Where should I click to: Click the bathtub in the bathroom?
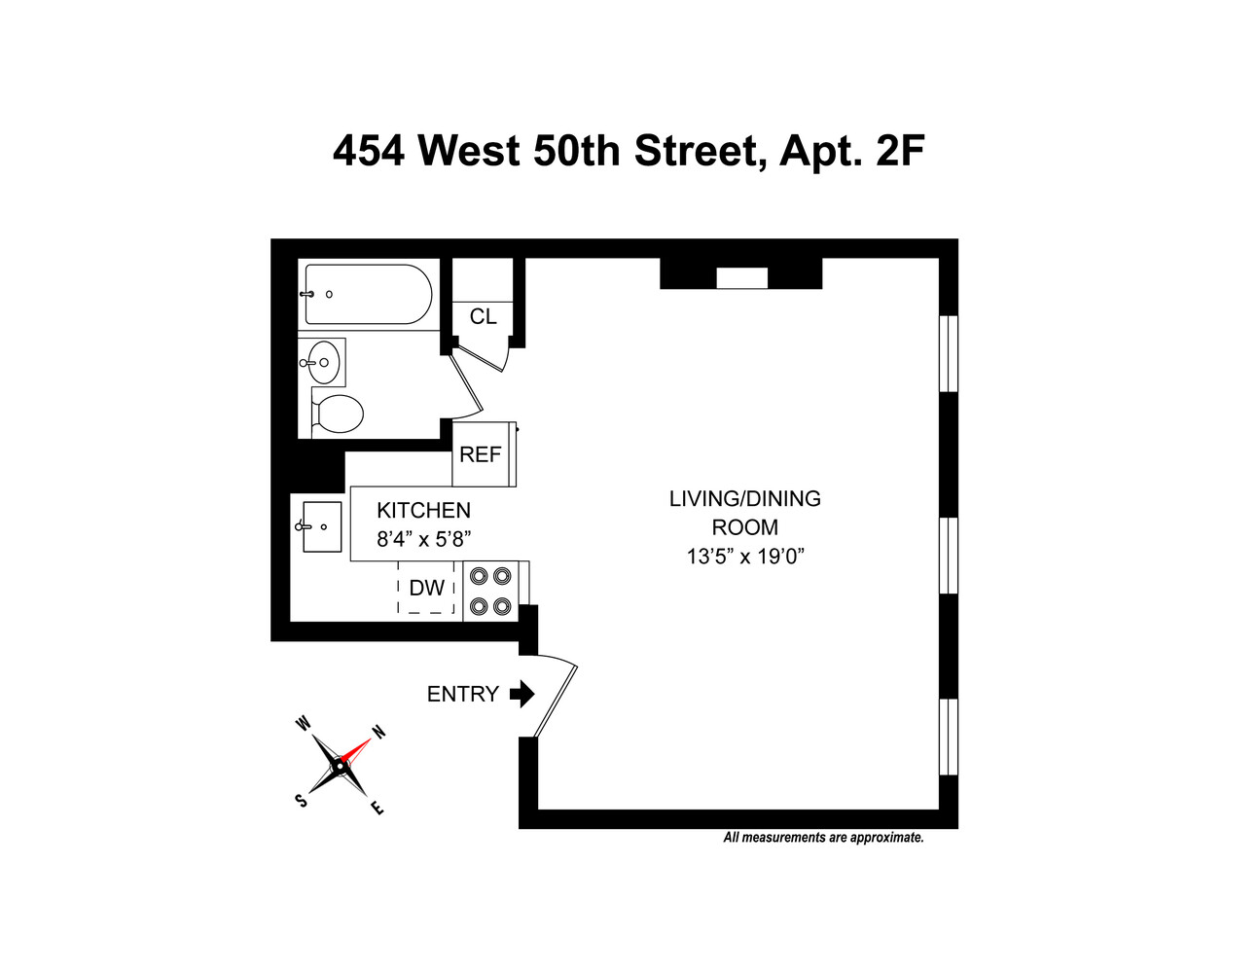[x=368, y=294]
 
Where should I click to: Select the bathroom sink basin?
[x=323, y=363]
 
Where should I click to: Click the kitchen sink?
[x=321, y=526]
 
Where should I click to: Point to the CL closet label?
[x=483, y=317]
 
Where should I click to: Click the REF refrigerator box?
[x=481, y=454]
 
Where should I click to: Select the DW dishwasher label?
[x=426, y=588]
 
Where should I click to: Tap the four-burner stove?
[x=490, y=591]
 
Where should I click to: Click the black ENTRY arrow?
[x=522, y=694]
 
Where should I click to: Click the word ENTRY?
[x=462, y=694]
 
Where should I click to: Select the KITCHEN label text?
[x=423, y=510]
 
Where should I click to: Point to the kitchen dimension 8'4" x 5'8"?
[x=423, y=539]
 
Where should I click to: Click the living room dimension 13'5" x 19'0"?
[x=744, y=557]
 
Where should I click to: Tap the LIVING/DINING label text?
[x=744, y=499]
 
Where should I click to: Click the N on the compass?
[x=378, y=733]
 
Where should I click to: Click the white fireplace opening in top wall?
[x=741, y=278]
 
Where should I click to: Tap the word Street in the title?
[x=694, y=152]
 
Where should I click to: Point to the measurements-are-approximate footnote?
[x=823, y=838]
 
